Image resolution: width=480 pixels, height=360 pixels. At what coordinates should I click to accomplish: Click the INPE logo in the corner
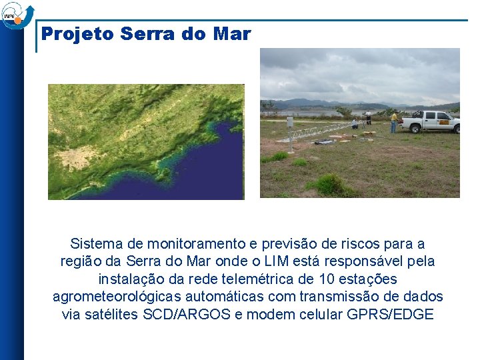[15, 15]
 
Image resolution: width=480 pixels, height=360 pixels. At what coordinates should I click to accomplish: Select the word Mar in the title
[232, 34]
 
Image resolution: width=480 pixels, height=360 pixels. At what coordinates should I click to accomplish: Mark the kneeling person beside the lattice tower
[355, 123]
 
